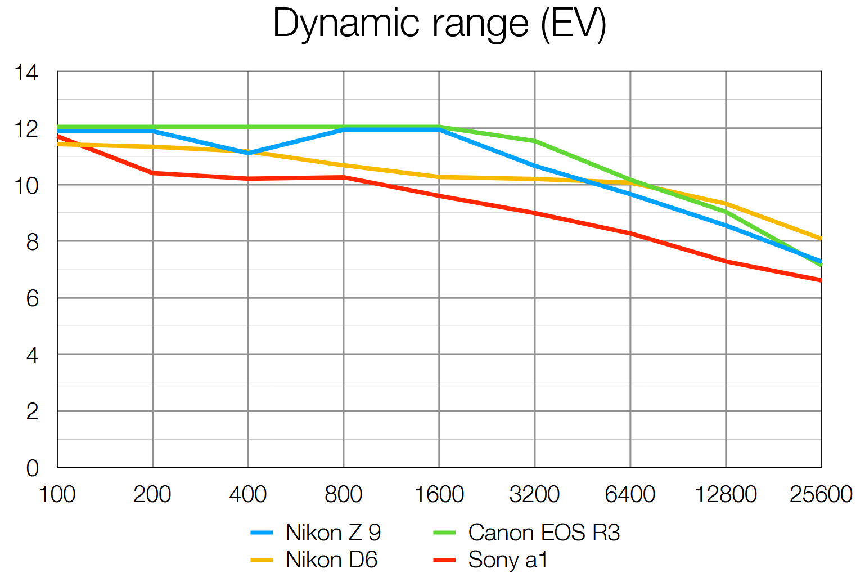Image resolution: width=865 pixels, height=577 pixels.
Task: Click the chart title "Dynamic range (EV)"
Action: (439, 24)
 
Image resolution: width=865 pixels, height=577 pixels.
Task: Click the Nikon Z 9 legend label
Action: (333, 533)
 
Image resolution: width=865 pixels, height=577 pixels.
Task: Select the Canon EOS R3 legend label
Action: (543, 533)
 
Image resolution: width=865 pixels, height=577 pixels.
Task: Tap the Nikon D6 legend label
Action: (331, 560)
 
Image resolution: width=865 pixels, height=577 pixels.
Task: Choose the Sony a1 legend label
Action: (507, 560)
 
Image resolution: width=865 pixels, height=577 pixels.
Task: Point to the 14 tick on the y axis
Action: (26, 73)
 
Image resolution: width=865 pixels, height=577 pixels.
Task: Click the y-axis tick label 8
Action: (32, 242)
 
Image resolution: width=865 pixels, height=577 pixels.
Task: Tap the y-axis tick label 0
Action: (32, 468)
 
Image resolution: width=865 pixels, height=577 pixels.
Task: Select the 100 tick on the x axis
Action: (57, 494)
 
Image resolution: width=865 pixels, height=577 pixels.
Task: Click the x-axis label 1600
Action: (439, 494)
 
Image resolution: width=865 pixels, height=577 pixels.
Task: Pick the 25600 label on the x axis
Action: (821, 494)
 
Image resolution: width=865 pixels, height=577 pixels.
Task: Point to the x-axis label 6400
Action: (630, 494)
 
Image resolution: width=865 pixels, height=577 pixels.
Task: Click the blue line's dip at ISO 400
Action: (248, 153)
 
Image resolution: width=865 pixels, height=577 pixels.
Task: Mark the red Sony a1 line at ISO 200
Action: (153, 173)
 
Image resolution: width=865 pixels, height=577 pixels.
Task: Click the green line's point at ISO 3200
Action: (535, 141)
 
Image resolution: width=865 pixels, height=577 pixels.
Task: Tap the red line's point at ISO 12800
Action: (726, 261)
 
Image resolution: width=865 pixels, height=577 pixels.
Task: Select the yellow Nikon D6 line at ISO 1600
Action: (439, 177)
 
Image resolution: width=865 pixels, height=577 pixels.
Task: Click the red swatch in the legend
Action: (444, 560)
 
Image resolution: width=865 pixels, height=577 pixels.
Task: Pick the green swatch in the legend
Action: (444, 533)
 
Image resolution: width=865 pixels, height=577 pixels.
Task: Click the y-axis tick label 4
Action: (32, 355)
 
